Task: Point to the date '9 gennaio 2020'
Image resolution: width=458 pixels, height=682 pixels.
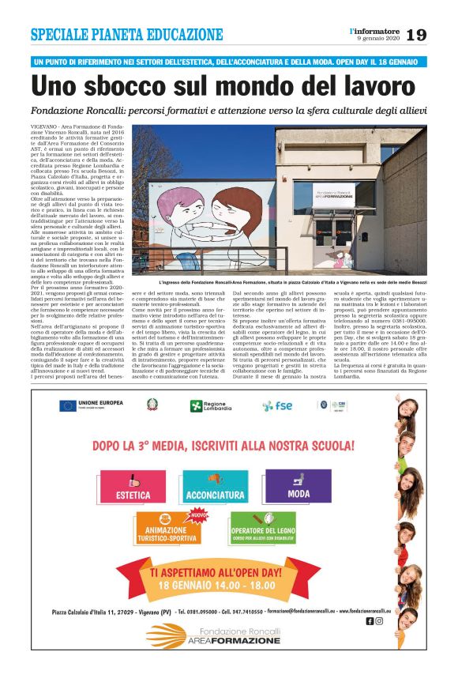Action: coord(379,39)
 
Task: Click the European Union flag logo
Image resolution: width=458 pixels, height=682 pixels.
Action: coord(69,405)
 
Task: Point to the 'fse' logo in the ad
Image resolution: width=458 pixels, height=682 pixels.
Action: coord(277,405)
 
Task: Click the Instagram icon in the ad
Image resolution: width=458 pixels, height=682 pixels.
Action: coord(379,621)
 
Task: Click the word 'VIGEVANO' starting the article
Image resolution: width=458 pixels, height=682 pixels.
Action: coord(44,126)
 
